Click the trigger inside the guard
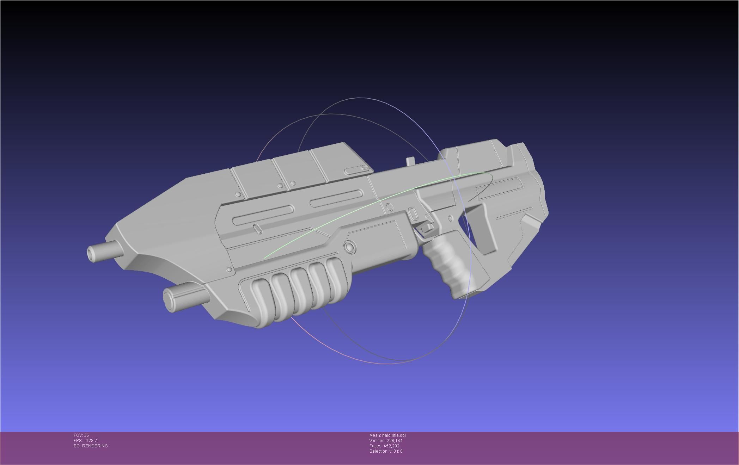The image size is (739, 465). click(x=427, y=227)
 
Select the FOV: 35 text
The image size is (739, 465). click(x=81, y=435)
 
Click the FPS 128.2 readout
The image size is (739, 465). click(x=85, y=441)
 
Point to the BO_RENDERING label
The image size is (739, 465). click(x=91, y=446)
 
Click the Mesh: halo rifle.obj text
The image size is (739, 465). click(x=387, y=435)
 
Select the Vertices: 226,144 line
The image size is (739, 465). click(x=386, y=441)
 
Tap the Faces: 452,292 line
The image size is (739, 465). click(x=384, y=446)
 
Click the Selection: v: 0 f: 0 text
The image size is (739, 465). click(x=386, y=451)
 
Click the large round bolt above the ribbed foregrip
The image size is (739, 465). click(x=350, y=247)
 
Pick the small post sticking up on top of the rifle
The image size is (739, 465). click(x=410, y=161)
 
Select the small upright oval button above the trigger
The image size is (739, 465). click(x=412, y=213)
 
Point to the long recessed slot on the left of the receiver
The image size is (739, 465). click(x=263, y=215)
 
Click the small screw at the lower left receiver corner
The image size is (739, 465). click(x=230, y=269)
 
